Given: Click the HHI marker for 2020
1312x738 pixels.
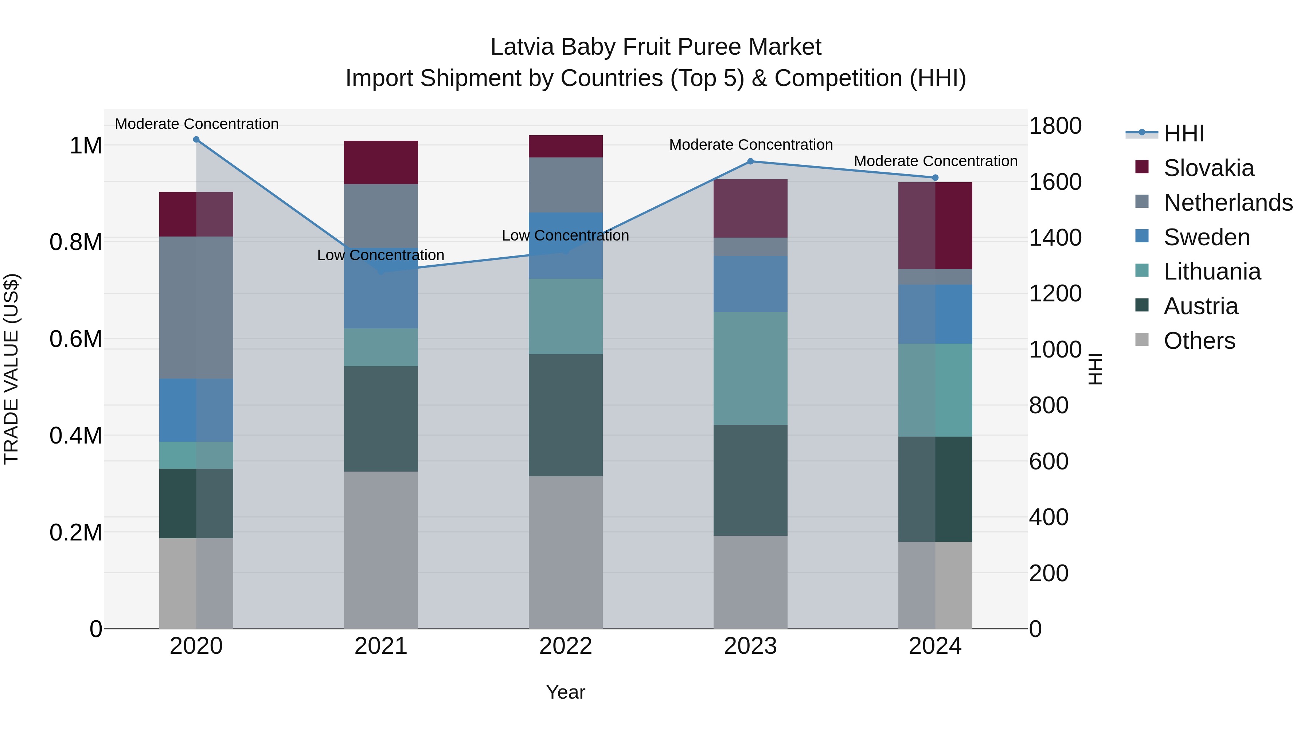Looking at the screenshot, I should click(x=196, y=140).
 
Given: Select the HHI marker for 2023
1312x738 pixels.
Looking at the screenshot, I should click(x=750, y=161).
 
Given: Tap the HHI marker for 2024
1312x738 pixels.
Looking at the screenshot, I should click(x=935, y=178).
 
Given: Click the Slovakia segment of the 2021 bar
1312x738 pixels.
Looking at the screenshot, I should click(x=381, y=162).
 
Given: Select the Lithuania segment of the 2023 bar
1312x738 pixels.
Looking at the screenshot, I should click(x=750, y=368).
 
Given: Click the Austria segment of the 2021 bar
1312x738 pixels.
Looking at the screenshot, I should click(x=381, y=419).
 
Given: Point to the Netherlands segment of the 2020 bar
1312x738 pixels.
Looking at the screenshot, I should click(x=196, y=307).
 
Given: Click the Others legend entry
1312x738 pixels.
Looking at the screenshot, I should click(x=1199, y=341).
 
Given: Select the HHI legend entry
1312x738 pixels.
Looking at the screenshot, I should click(x=1184, y=133).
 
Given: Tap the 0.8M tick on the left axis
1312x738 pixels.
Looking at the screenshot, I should click(x=76, y=242).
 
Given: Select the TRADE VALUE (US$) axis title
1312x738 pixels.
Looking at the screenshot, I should click(x=11, y=369).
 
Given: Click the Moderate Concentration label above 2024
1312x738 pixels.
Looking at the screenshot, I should click(x=935, y=161).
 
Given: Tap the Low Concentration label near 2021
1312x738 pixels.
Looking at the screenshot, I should click(x=380, y=255).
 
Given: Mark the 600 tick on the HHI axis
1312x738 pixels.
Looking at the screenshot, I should click(x=1048, y=461).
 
